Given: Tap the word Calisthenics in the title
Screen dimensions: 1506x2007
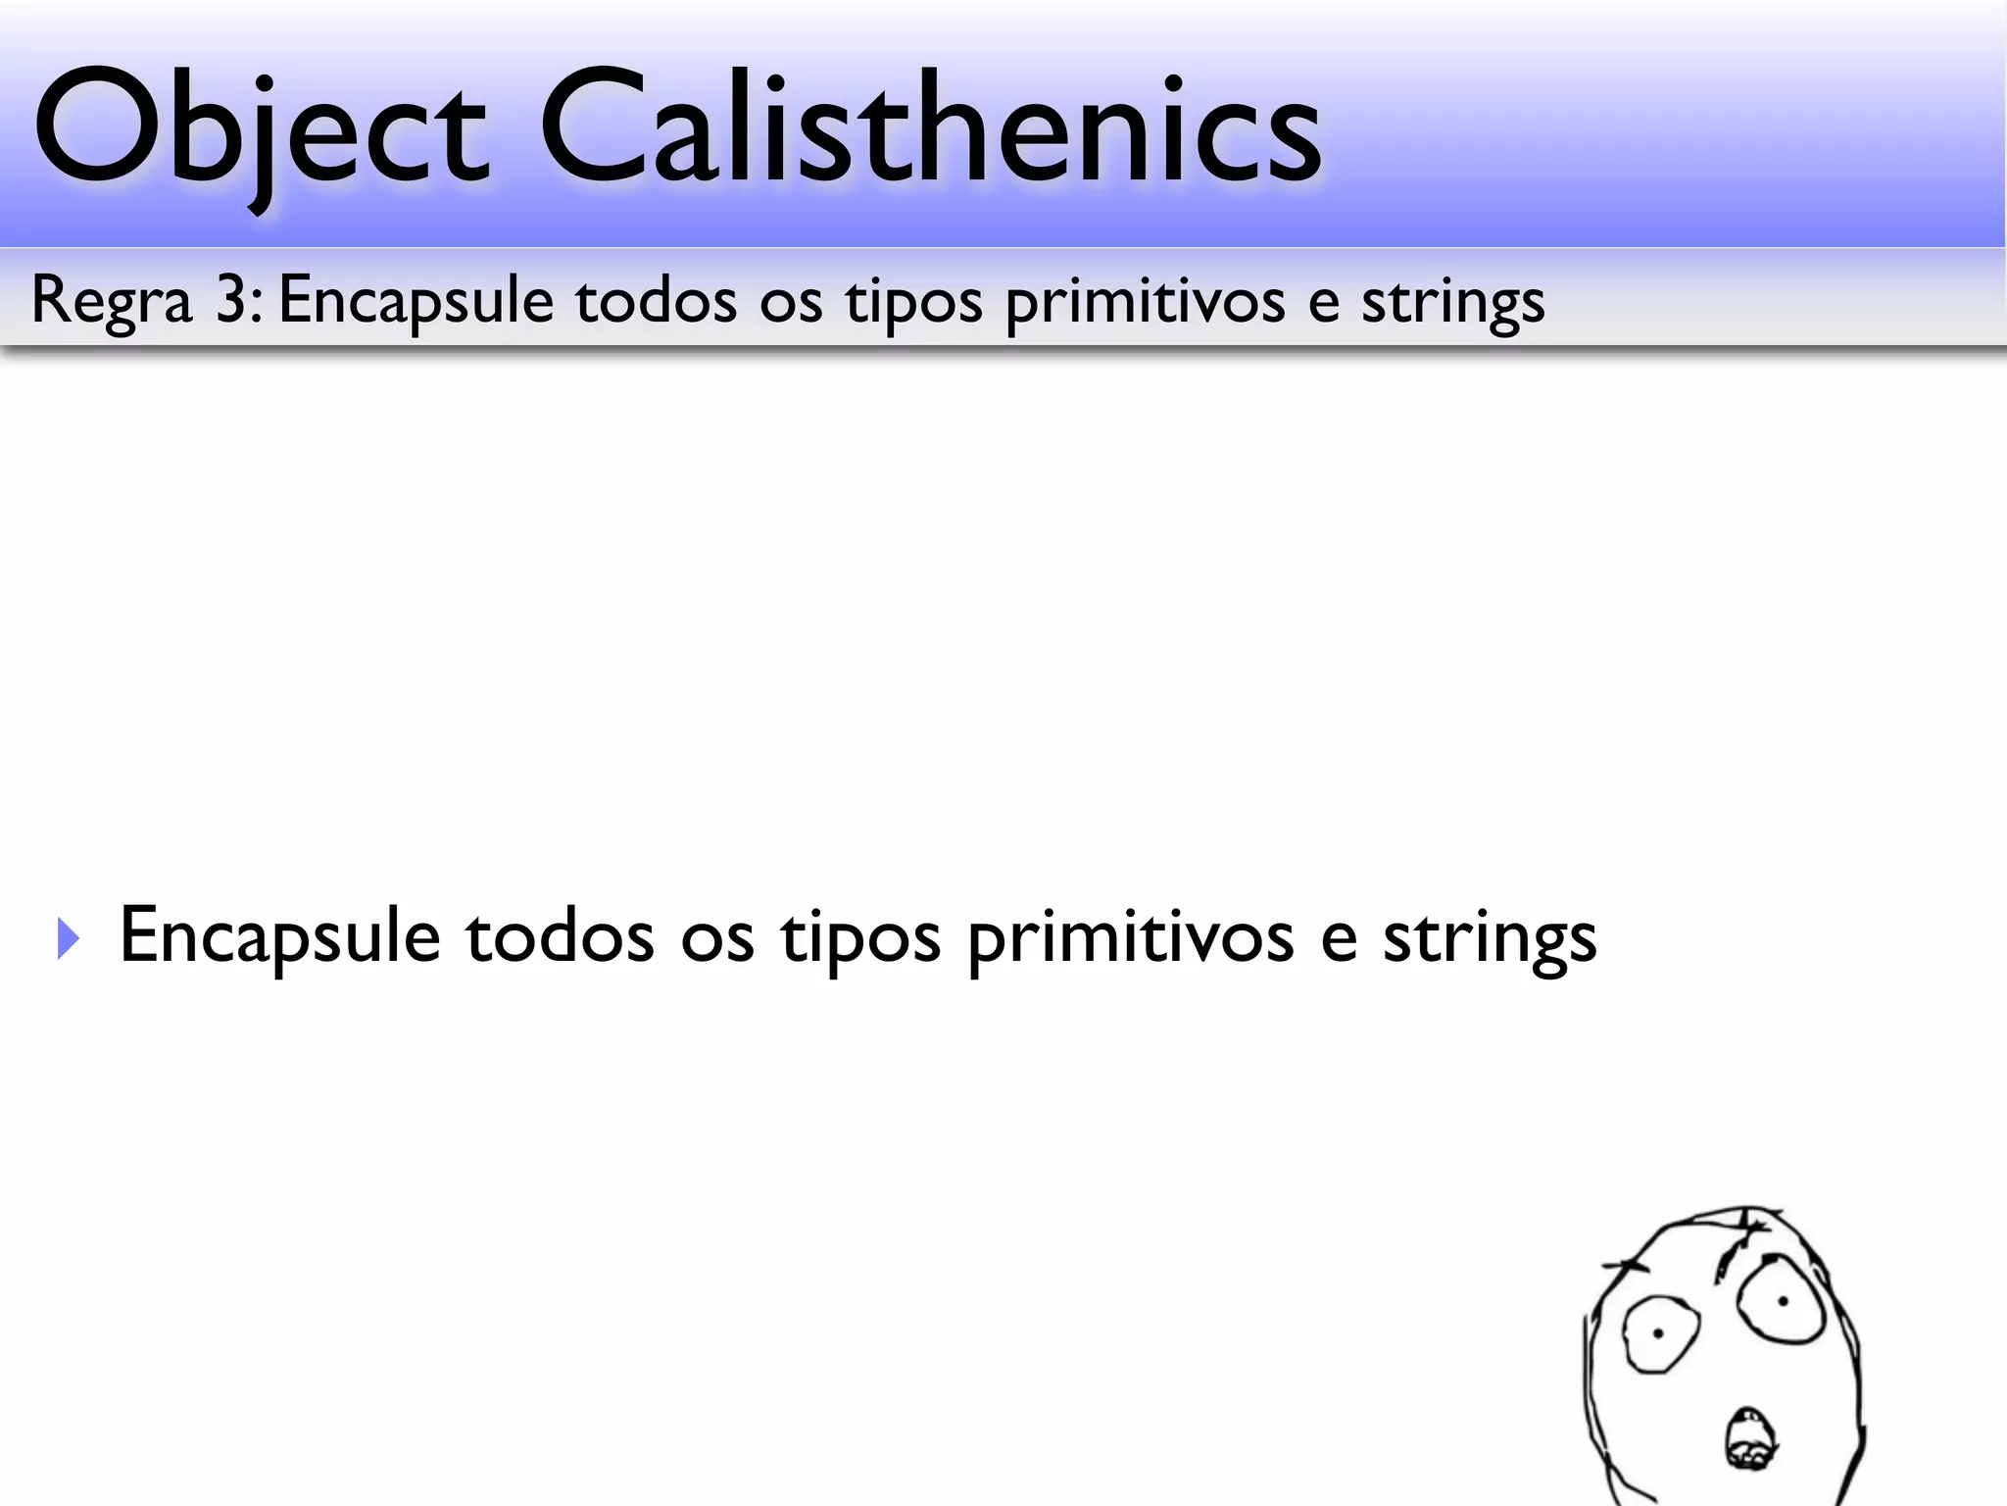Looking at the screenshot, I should pyautogui.click(x=931, y=127).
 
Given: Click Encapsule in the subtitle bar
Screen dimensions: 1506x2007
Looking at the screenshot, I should pyautogui.click(x=416, y=301).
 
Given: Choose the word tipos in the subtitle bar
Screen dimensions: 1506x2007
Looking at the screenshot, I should pyautogui.click(x=913, y=301).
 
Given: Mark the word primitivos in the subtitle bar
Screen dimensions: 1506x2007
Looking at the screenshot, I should pyautogui.click(x=1145, y=301).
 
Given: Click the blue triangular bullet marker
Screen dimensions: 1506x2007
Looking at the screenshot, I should pyautogui.click(x=68, y=938).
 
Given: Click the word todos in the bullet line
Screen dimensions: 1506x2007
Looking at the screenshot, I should pyautogui.click(x=560, y=936).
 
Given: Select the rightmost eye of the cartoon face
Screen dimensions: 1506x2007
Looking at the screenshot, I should pyautogui.click(x=1782, y=1302).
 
